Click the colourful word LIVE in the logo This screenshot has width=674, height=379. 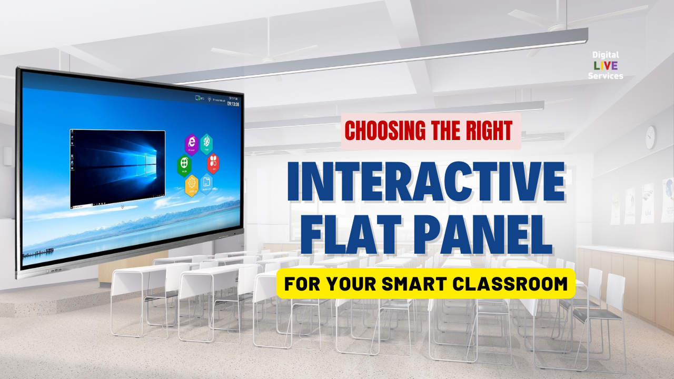(x=605, y=65)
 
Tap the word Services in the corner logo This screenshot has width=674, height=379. (x=606, y=76)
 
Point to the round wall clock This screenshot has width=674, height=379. (x=650, y=137)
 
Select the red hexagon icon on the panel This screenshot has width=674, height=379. (x=213, y=163)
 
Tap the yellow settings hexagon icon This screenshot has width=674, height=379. (x=192, y=185)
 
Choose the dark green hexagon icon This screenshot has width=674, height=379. (x=184, y=165)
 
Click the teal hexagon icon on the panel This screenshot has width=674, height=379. (x=207, y=143)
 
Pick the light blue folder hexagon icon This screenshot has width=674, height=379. (x=207, y=183)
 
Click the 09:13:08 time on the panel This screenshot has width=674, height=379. (x=233, y=104)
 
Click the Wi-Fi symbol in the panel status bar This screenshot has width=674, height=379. (x=209, y=99)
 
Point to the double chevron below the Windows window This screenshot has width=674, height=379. (x=122, y=207)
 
